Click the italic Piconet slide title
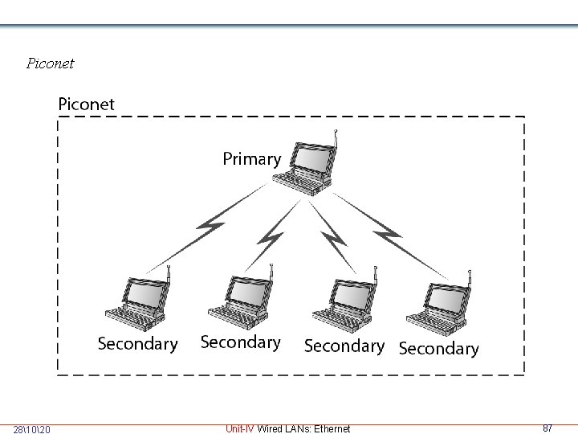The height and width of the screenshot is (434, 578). (50, 63)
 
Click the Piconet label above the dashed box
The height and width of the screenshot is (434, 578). (86, 104)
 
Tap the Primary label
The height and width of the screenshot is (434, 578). (251, 159)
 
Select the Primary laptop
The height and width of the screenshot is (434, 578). (309, 166)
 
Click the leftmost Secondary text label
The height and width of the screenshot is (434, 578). (137, 344)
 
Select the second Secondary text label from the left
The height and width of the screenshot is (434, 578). (240, 342)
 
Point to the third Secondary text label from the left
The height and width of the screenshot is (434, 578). (344, 346)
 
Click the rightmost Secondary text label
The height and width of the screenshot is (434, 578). (438, 349)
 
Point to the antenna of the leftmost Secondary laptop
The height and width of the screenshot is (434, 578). (169, 278)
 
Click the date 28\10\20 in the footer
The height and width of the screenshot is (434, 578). (32, 429)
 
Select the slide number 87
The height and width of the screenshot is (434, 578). (547, 428)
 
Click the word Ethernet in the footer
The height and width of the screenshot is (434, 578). (332, 429)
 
